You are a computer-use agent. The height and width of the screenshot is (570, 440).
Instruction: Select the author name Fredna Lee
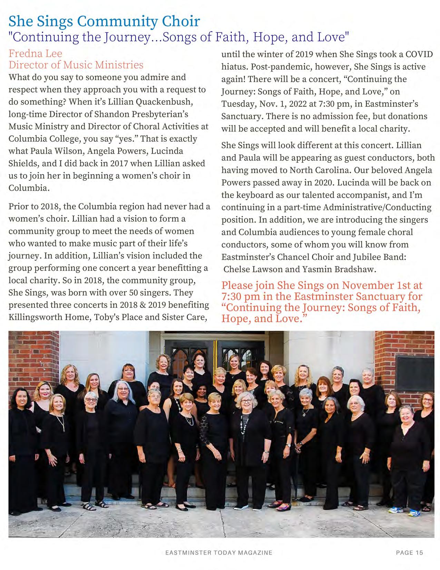[35, 54]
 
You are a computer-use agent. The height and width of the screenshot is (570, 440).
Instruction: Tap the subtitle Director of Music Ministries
[76, 65]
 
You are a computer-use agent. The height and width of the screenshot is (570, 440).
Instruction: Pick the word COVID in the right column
[419, 55]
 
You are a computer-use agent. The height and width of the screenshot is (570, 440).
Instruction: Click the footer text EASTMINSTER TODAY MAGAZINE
[219, 552]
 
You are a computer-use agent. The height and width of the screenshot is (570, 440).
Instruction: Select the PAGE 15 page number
[409, 552]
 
